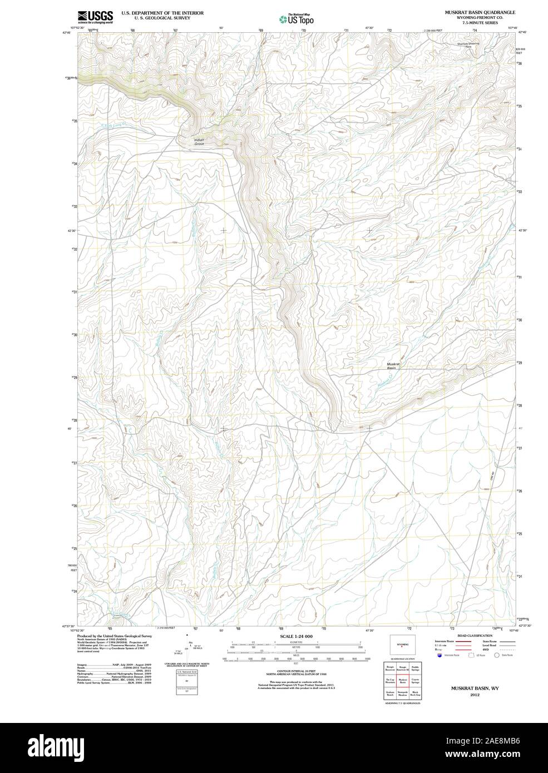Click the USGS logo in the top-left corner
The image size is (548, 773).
point(96,17)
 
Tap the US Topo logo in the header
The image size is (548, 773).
point(297,19)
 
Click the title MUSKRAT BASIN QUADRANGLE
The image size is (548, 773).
point(479,12)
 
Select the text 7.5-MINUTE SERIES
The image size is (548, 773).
point(479,22)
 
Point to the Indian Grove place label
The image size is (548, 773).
point(199,142)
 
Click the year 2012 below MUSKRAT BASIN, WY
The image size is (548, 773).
point(475,695)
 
